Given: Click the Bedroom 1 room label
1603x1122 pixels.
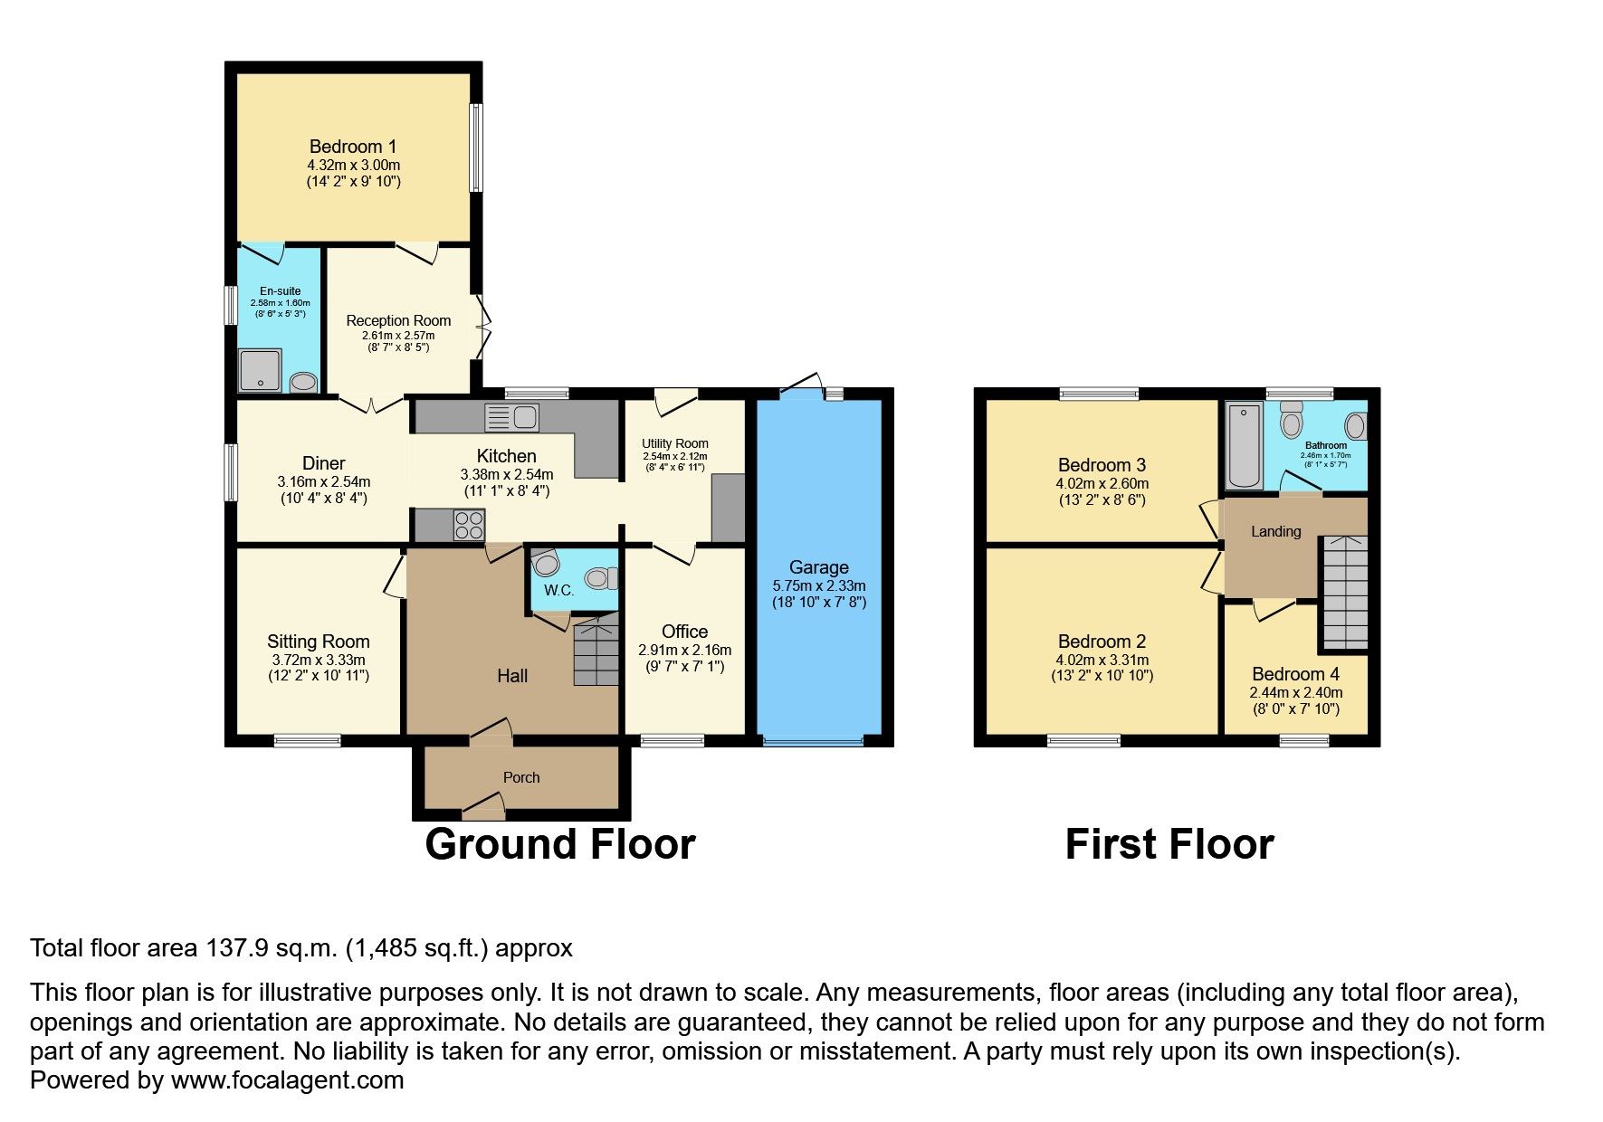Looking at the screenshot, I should pyautogui.click(x=353, y=147).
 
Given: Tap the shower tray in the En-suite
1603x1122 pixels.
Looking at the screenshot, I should pyautogui.click(x=261, y=370).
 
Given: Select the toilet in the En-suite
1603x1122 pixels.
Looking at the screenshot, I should pyautogui.click(x=304, y=383).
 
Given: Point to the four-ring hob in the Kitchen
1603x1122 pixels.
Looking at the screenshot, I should pyautogui.click(x=468, y=526).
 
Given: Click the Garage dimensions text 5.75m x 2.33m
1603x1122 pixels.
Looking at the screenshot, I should pyautogui.click(x=819, y=585).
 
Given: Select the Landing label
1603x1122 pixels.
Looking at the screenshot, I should pyautogui.click(x=1275, y=531).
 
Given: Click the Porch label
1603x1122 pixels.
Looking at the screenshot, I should pyautogui.click(x=521, y=777).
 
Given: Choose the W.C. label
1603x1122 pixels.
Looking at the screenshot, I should pyautogui.click(x=559, y=591).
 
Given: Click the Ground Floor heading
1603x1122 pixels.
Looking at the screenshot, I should pyautogui.click(x=559, y=844).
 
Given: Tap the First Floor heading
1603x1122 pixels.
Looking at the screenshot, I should pyautogui.click(x=1169, y=844).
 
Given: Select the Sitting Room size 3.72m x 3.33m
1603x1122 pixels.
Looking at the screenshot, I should pyautogui.click(x=319, y=661).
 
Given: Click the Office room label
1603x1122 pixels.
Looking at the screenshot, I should pyautogui.click(x=684, y=632).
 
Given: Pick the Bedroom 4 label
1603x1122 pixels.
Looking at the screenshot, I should pyautogui.click(x=1295, y=674).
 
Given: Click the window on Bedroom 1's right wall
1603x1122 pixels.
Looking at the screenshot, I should pyautogui.click(x=475, y=147).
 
